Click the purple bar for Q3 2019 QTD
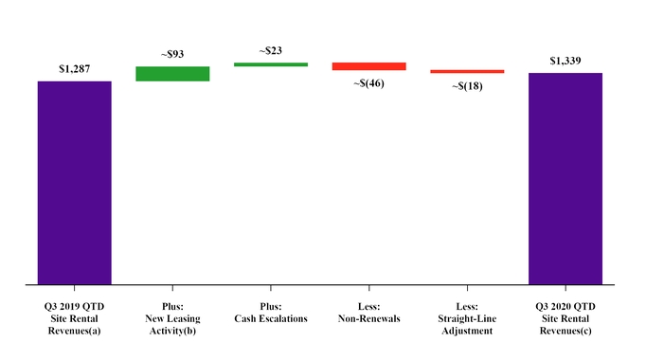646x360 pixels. click(74, 182)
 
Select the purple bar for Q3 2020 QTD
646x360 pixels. click(565, 178)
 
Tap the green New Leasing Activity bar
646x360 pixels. click(172, 74)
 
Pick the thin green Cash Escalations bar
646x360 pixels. click(271, 64)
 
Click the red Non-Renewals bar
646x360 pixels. click(368, 66)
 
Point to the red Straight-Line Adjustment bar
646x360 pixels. click(467, 71)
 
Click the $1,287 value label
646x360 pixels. click(74, 69)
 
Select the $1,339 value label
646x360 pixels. click(565, 61)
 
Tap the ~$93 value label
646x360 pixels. click(172, 55)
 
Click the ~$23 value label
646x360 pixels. click(271, 50)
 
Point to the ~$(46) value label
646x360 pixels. click(368, 83)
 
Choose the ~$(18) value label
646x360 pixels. click(467, 87)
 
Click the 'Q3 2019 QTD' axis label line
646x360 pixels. click(74, 306)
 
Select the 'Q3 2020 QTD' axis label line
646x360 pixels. click(565, 306)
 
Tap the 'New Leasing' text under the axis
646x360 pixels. click(172, 319)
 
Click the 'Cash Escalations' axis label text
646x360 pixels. click(271, 319)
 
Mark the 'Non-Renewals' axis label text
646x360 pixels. click(368, 319)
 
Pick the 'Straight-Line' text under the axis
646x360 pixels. click(467, 319)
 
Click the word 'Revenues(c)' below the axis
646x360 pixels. click(565, 333)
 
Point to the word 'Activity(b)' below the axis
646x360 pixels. click(172, 333)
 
